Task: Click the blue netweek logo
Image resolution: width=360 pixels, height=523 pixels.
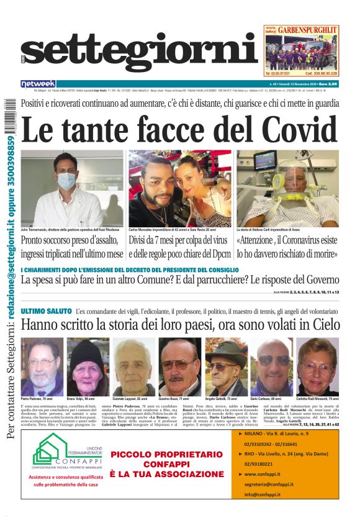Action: tap(38, 83)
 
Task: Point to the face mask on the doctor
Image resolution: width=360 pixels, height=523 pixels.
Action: tap(67, 181)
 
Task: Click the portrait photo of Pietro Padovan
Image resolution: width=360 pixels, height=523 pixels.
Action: tap(42, 366)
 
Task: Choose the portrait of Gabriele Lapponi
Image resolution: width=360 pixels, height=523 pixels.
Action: tap(133, 366)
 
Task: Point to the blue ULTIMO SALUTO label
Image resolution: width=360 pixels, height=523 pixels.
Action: tap(45, 311)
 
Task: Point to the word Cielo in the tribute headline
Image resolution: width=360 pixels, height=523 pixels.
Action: tap(325, 324)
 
